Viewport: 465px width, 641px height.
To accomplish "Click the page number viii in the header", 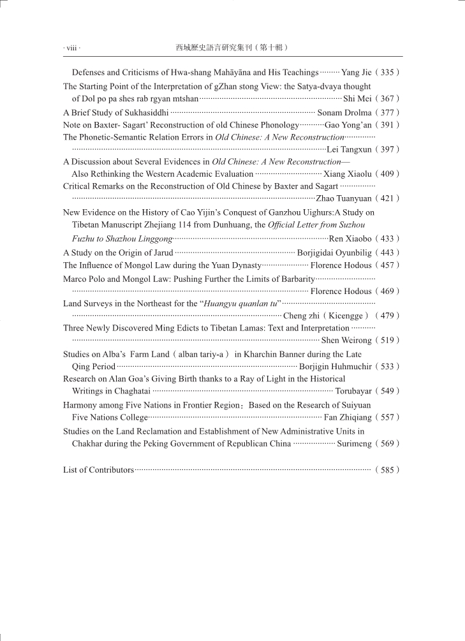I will [72, 48].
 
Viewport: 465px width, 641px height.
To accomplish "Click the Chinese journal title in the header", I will [232, 47].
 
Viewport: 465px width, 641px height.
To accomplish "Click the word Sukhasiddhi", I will [144, 112].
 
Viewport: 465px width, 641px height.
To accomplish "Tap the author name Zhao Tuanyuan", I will [344, 198].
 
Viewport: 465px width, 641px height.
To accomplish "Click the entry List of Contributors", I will [98, 470].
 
